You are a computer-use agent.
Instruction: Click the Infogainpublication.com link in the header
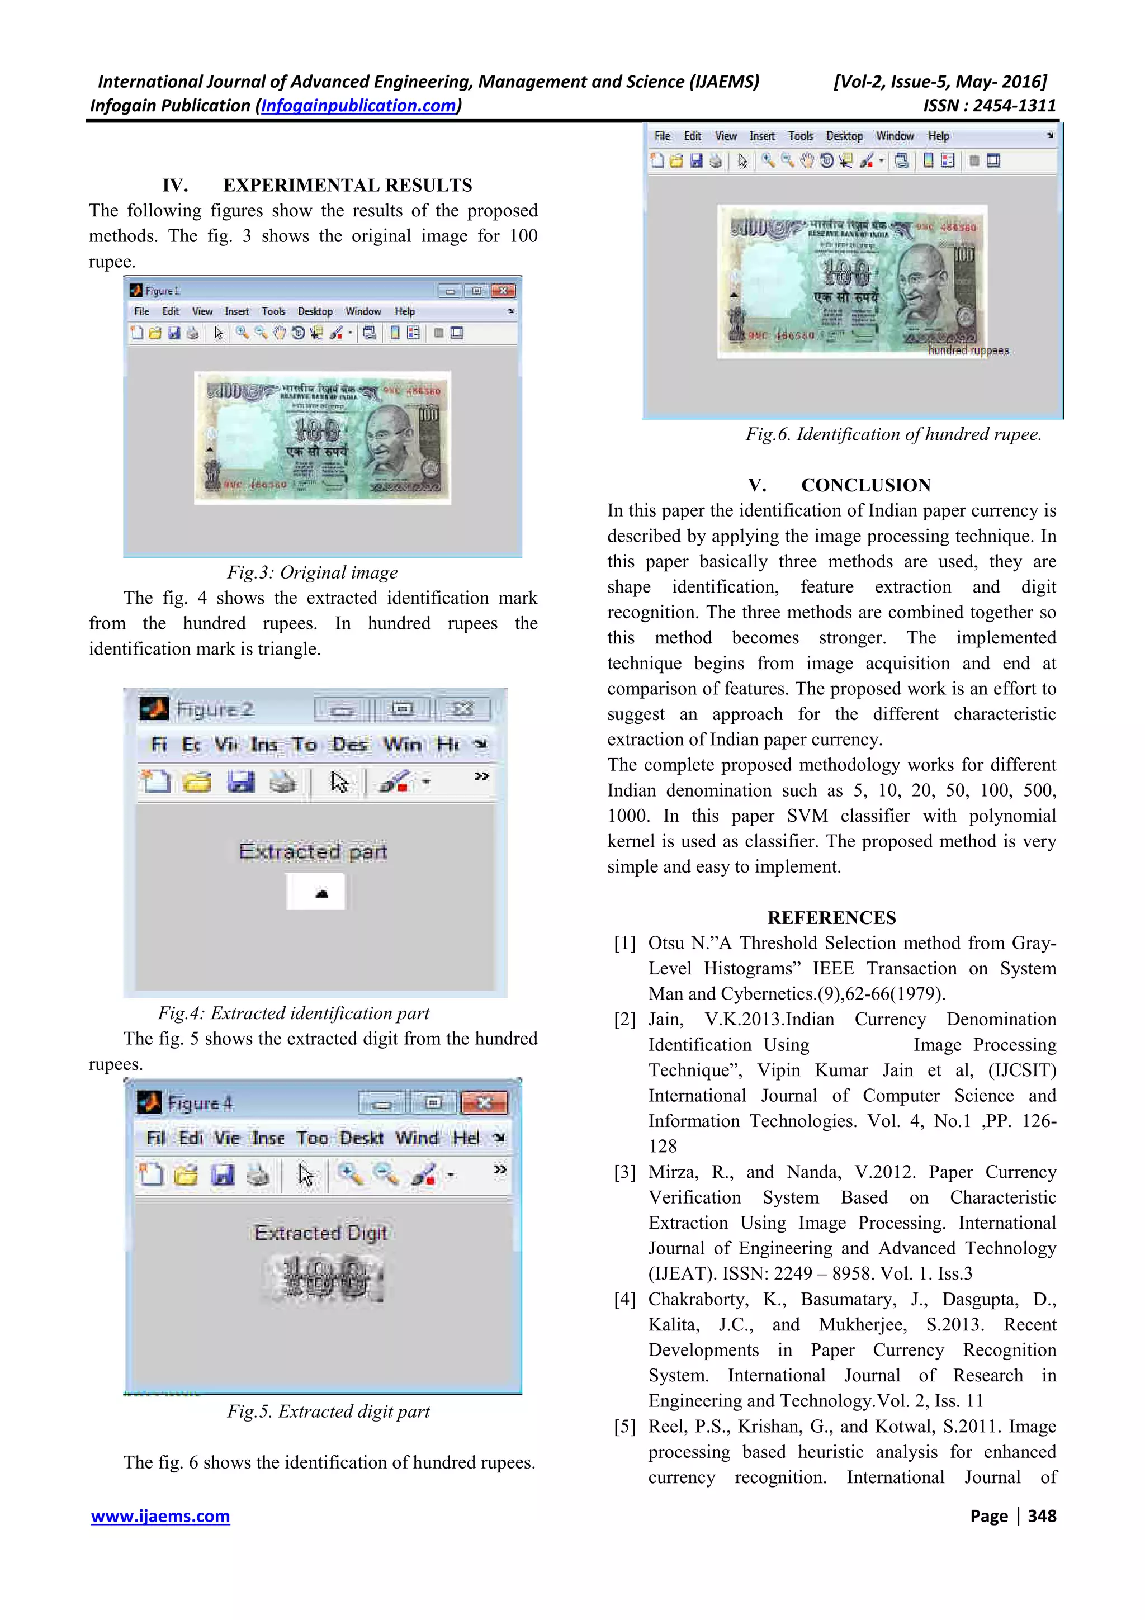pyautogui.click(x=358, y=106)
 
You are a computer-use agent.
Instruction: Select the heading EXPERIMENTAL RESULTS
pyautogui.click(x=347, y=185)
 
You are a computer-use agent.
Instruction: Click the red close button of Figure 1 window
pyautogui.click(x=503, y=291)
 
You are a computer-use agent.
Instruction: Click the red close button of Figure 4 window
pyautogui.click(x=484, y=1102)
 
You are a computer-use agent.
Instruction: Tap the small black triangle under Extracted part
pyautogui.click(x=321, y=893)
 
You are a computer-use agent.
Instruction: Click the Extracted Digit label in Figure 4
pyautogui.click(x=321, y=1233)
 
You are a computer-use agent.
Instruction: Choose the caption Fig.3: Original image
pyautogui.click(x=312, y=572)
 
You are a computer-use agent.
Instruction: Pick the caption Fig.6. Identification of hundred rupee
pyautogui.click(x=893, y=434)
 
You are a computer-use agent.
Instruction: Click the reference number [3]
pyautogui.click(x=624, y=1172)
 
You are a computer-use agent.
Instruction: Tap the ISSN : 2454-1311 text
pyautogui.click(x=989, y=106)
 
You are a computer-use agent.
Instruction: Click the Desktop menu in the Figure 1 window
pyautogui.click(x=315, y=311)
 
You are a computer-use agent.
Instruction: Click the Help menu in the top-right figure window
pyautogui.click(x=938, y=136)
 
